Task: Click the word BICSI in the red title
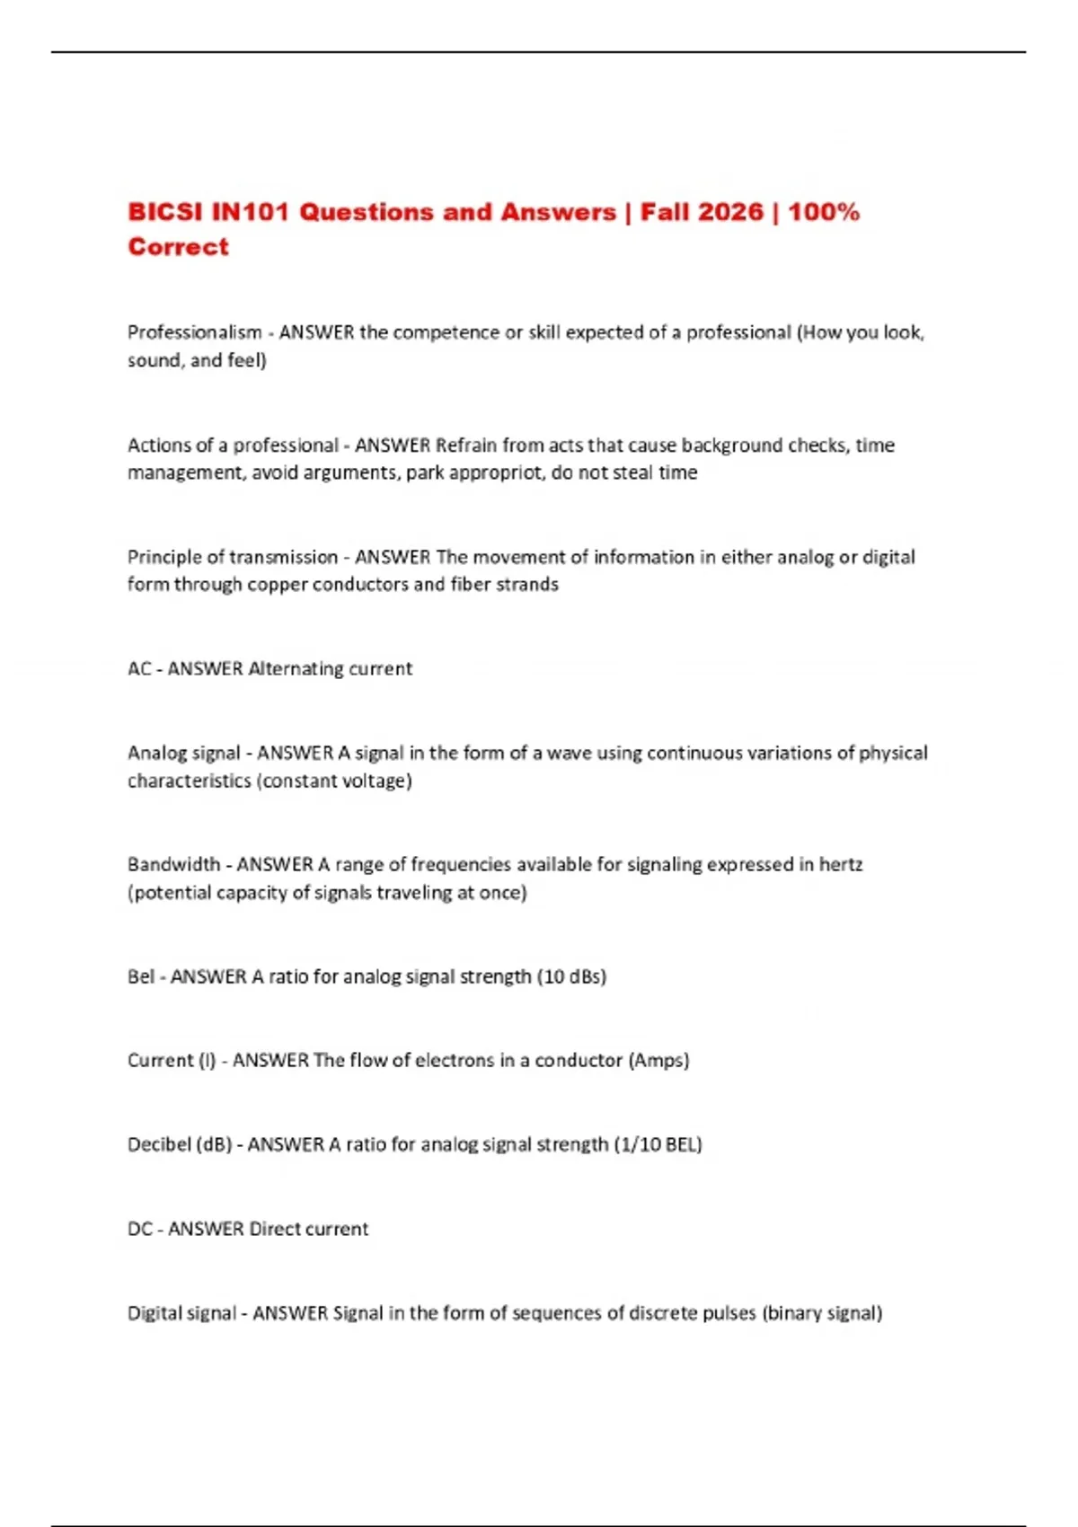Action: pyautogui.click(x=166, y=212)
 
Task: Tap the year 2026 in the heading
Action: pyautogui.click(x=728, y=212)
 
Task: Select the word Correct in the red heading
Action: pyautogui.click(x=178, y=247)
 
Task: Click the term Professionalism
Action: pyautogui.click(x=194, y=332)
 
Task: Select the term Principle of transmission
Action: pyautogui.click(x=233, y=557)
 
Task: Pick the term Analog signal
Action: pyautogui.click(x=184, y=753)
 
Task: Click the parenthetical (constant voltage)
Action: pyautogui.click(x=334, y=781)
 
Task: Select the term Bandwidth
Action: pyautogui.click(x=173, y=864)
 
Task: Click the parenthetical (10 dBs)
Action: pyautogui.click(x=571, y=976)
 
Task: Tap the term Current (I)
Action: pyautogui.click(x=172, y=1060)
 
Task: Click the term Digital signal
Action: pyautogui.click(x=181, y=1313)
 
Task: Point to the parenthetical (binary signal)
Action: pyautogui.click(x=822, y=1313)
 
